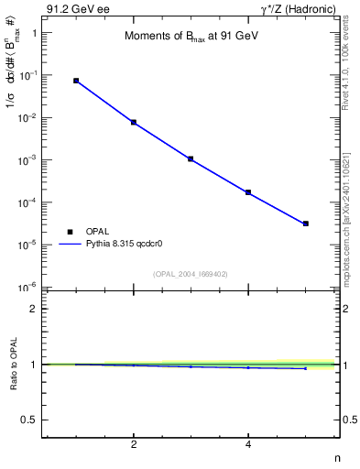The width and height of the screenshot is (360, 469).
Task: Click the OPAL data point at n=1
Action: click(76, 81)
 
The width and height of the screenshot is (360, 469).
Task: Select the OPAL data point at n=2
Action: click(134, 122)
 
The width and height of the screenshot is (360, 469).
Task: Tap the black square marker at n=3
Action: click(191, 158)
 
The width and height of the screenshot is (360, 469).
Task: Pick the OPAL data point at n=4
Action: click(248, 192)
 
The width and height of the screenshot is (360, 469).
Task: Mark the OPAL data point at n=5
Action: click(306, 224)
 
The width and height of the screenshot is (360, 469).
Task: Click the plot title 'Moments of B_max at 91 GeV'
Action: click(187, 38)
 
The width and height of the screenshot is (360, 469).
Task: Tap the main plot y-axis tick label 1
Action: click(34, 33)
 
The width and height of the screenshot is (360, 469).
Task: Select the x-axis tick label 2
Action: click(134, 445)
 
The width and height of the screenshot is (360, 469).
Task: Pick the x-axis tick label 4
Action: click(248, 445)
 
